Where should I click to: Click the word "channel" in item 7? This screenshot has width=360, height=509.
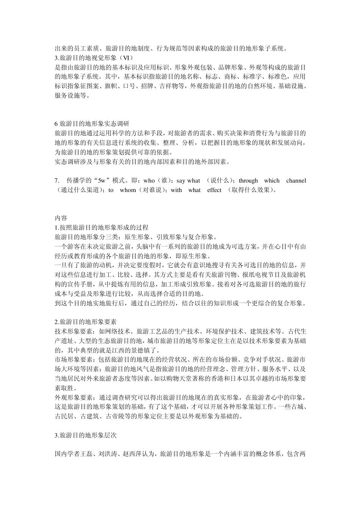(296, 181)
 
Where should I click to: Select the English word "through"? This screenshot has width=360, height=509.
(248, 181)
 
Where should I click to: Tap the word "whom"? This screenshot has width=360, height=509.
(128, 190)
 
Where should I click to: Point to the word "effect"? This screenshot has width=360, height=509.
(214, 190)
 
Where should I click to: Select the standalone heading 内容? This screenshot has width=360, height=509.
(61, 218)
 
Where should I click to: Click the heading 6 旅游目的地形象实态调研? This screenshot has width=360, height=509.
(92, 124)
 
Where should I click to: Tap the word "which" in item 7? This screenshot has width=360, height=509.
(272, 181)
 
